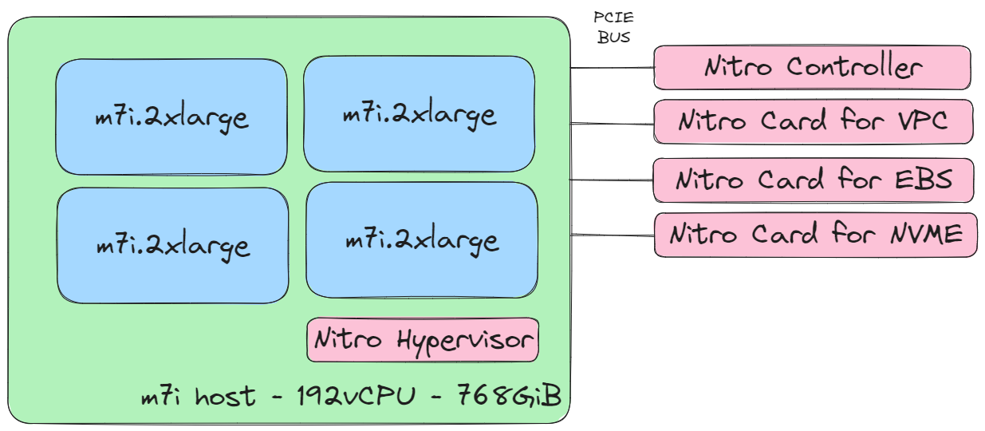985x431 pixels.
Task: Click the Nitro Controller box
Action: pos(812,67)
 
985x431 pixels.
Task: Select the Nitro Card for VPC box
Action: pos(812,121)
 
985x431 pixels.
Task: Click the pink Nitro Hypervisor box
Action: pos(423,339)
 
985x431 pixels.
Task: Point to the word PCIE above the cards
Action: pos(613,17)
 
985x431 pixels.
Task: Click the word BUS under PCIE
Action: pos(613,37)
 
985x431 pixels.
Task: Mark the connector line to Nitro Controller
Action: pos(612,68)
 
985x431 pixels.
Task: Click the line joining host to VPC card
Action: pos(612,124)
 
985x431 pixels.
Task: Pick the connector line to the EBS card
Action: pos(612,180)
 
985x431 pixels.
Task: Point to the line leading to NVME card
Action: pos(612,235)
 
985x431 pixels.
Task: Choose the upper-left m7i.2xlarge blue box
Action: pos(171,116)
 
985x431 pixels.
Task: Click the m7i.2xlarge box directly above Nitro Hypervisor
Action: pos(421,239)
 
